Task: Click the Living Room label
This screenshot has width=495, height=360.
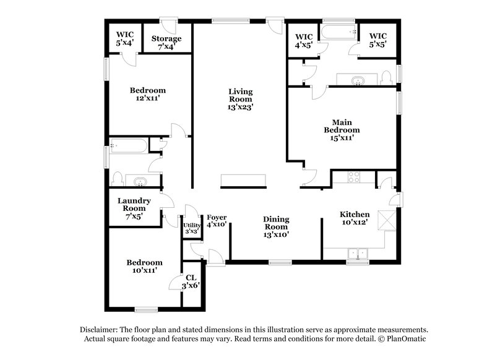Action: click(241, 99)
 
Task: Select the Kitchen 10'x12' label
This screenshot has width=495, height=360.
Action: click(355, 218)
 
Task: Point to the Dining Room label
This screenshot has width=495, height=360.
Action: click(276, 226)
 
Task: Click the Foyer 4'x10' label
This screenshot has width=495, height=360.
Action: click(217, 221)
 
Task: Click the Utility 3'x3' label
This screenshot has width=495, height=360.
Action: click(191, 228)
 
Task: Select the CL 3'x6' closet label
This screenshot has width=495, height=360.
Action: click(190, 281)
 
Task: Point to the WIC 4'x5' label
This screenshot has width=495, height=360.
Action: click(304, 40)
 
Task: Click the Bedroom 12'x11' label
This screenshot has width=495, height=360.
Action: click(148, 94)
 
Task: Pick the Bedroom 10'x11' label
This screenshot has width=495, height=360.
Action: click(145, 266)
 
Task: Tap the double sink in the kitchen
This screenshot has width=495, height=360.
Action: click(357, 252)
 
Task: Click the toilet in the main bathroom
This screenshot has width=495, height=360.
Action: click(386, 78)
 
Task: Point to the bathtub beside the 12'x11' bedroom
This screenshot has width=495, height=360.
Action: click(129, 147)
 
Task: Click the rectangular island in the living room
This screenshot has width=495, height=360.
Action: click(244, 180)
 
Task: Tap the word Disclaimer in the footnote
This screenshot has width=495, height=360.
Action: click(100, 330)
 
